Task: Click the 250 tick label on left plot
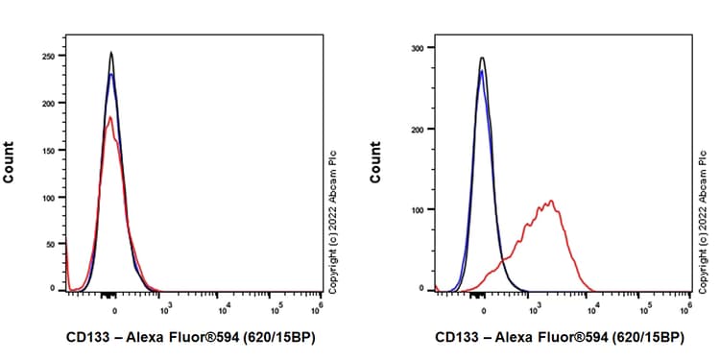[48, 57]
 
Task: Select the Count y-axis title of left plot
[11, 163]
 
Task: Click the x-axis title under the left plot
[191, 338]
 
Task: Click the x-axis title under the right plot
[560, 338]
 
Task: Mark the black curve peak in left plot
[111, 53]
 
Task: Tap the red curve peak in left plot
[110, 117]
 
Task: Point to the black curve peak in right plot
[482, 58]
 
